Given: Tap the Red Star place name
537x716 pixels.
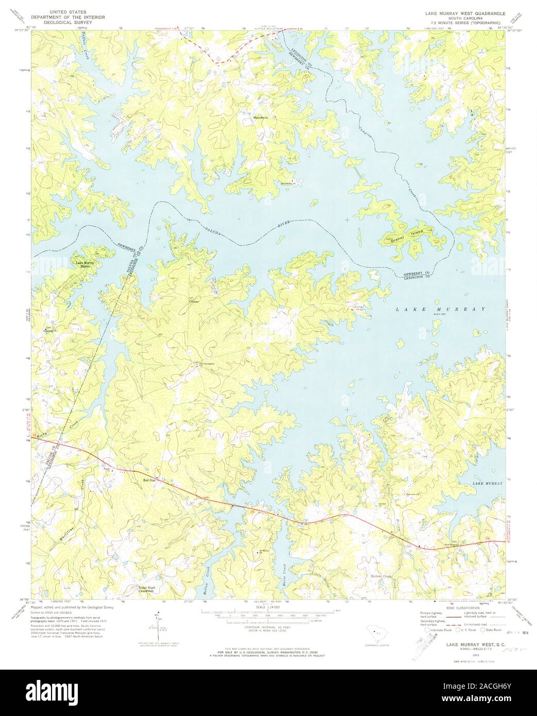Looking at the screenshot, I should click(149, 480).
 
